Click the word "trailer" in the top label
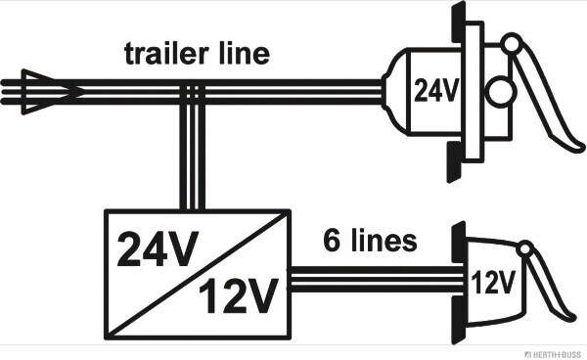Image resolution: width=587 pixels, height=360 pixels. coord(165,54)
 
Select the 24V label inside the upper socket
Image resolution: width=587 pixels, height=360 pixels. coord(435,91)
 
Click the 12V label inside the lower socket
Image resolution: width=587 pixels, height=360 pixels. coord(493,282)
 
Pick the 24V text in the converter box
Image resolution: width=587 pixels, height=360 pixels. coord(158,248)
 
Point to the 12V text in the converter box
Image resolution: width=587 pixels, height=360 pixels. coord(239,295)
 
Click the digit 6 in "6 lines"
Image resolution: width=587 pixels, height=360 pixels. coord(332,241)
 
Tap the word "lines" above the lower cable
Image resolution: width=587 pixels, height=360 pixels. coord(384,241)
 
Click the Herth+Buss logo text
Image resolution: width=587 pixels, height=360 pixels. coord(555,354)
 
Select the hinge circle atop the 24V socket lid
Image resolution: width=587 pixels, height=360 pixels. coord(512,43)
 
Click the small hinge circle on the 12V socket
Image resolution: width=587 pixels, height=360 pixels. coord(525,249)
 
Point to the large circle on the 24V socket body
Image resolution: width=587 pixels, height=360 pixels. coord(501,92)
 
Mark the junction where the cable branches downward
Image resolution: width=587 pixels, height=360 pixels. coord(193,92)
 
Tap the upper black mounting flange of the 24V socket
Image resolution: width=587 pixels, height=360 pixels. coord(459,22)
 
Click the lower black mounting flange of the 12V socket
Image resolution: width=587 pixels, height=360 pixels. coord(459,321)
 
